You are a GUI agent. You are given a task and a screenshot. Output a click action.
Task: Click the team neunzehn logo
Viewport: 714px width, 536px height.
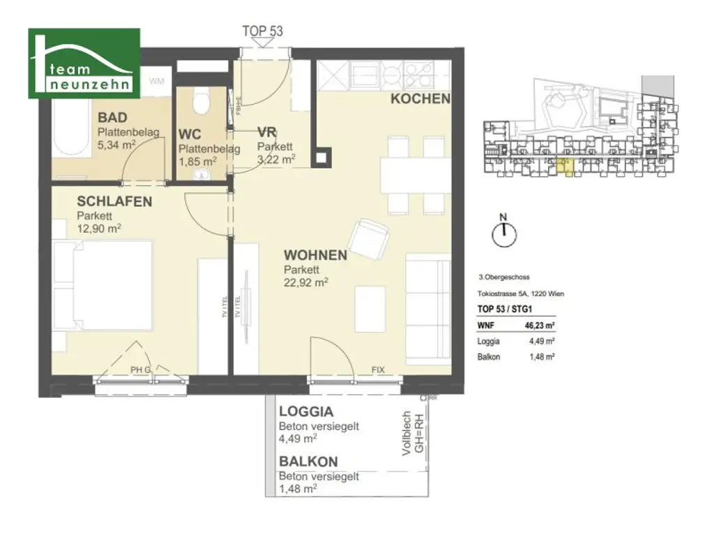[84, 63]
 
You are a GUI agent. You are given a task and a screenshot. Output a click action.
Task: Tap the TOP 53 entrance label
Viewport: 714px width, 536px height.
[262, 31]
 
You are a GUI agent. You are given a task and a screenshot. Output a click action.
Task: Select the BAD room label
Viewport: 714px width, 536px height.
[112, 118]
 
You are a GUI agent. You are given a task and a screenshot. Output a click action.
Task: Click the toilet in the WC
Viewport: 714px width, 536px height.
[201, 102]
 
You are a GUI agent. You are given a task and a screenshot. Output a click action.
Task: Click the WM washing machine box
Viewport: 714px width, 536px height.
[157, 82]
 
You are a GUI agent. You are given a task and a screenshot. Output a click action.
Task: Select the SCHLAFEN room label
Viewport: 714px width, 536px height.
[114, 201]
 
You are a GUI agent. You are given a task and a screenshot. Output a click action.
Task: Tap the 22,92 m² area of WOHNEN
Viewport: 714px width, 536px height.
[305, 282]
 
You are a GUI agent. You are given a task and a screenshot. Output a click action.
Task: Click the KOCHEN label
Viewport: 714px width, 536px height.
[420, 99]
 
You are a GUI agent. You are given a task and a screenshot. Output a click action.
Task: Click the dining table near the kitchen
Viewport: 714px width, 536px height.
[415, 176]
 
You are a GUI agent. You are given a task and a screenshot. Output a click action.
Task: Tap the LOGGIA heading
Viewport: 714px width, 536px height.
[306, 412]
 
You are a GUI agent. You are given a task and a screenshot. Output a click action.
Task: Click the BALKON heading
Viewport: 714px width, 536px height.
[308, 461]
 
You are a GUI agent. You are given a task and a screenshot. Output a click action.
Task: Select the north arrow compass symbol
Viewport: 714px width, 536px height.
[502, 234]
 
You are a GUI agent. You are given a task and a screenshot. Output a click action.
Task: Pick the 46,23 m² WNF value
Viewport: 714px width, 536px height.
[540, 324]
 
